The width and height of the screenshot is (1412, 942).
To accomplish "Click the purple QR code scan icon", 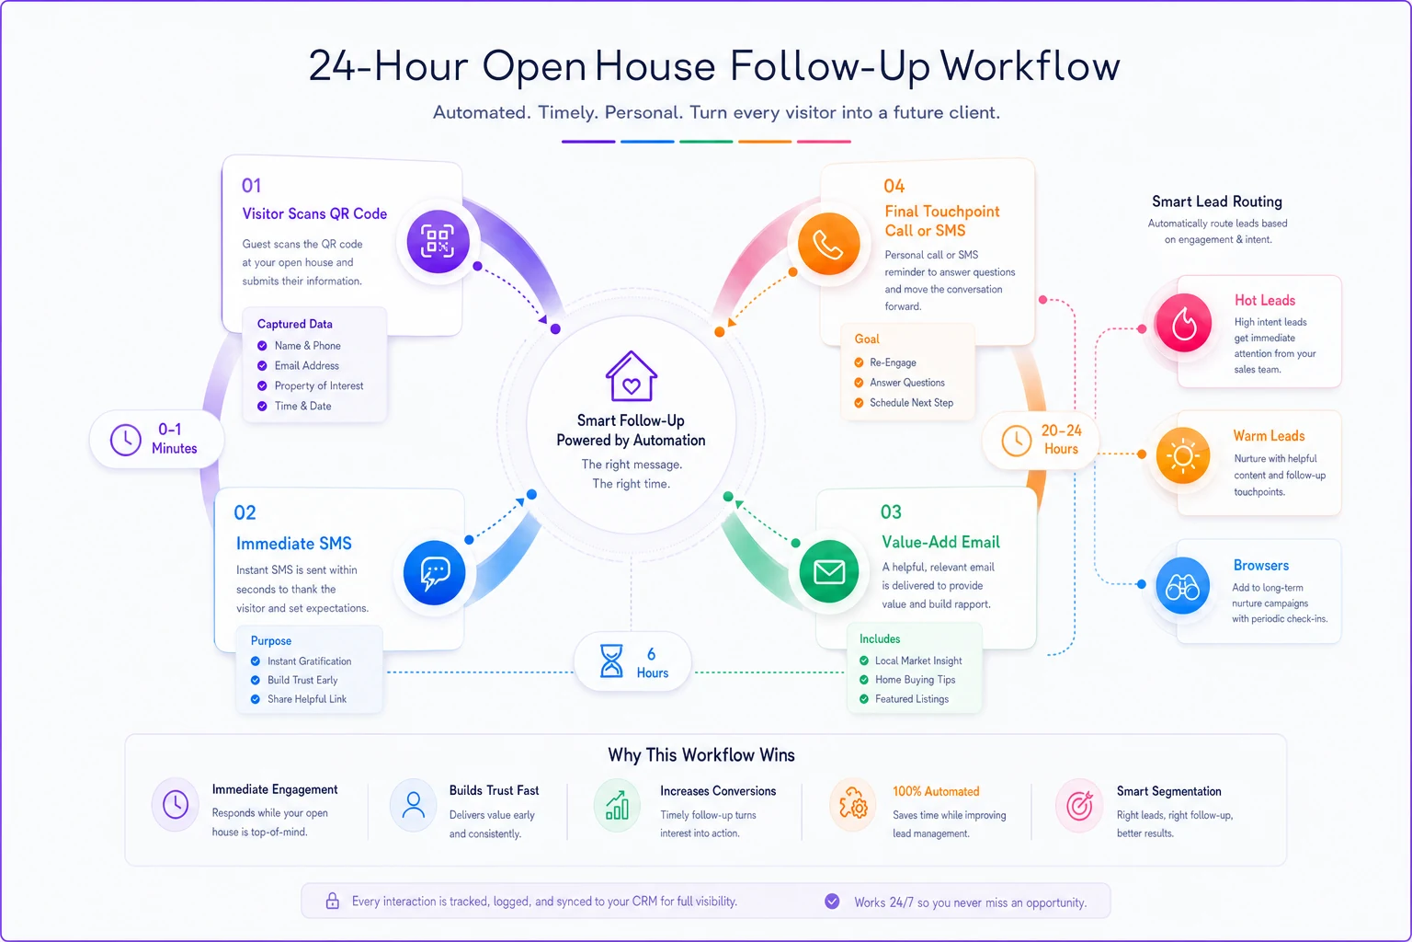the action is coord(438,241).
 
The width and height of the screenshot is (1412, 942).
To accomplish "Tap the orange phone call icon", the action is coord(828,244).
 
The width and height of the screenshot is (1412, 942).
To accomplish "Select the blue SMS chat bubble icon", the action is coord(434,572).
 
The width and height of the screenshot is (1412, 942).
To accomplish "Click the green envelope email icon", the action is coord(829,571).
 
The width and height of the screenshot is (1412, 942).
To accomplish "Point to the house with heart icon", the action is coord(631,376).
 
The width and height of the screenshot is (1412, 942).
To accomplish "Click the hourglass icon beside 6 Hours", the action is coord(610,661).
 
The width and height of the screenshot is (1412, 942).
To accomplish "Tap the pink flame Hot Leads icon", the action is coord(1183,322).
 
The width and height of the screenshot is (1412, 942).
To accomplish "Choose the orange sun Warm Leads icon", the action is coord(1182,455).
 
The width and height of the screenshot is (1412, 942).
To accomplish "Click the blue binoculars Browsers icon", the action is coord(1182,585).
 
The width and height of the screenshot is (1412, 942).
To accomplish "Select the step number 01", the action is coord(251,186).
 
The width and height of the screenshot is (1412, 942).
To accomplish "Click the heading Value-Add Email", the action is coord(940,542).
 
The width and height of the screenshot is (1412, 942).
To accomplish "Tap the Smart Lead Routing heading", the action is coord(1216,201).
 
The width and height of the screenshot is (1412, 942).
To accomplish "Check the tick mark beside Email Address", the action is coord(262,366).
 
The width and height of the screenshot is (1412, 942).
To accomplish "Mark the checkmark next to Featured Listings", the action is coord(863,699).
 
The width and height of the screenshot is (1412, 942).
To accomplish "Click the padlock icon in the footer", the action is coord(332,901).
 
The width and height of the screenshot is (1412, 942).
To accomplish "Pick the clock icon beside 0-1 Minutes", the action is coord(125,440).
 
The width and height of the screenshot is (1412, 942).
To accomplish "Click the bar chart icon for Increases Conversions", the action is coord(617,806).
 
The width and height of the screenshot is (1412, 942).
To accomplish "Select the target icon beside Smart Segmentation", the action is coord(1079,806).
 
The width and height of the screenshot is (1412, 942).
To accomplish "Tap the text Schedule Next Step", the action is coord(912,403).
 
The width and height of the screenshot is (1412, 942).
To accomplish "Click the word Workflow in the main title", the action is coord(1030,65).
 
